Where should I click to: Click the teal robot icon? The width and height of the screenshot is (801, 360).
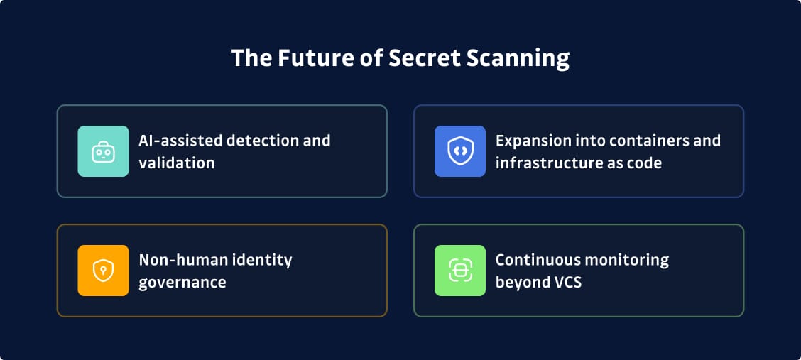(103, 151)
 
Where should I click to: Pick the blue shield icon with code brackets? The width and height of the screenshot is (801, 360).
(460, 151)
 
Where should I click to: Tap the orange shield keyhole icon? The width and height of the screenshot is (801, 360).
(103, 271)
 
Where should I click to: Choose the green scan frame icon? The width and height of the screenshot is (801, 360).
(460, 271)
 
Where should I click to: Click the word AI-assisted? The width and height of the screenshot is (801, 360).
(178, 140)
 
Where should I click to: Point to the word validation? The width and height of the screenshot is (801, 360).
(176, 163)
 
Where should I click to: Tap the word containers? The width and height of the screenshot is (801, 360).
(645, 140)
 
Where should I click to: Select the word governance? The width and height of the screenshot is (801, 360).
(182, 282)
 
